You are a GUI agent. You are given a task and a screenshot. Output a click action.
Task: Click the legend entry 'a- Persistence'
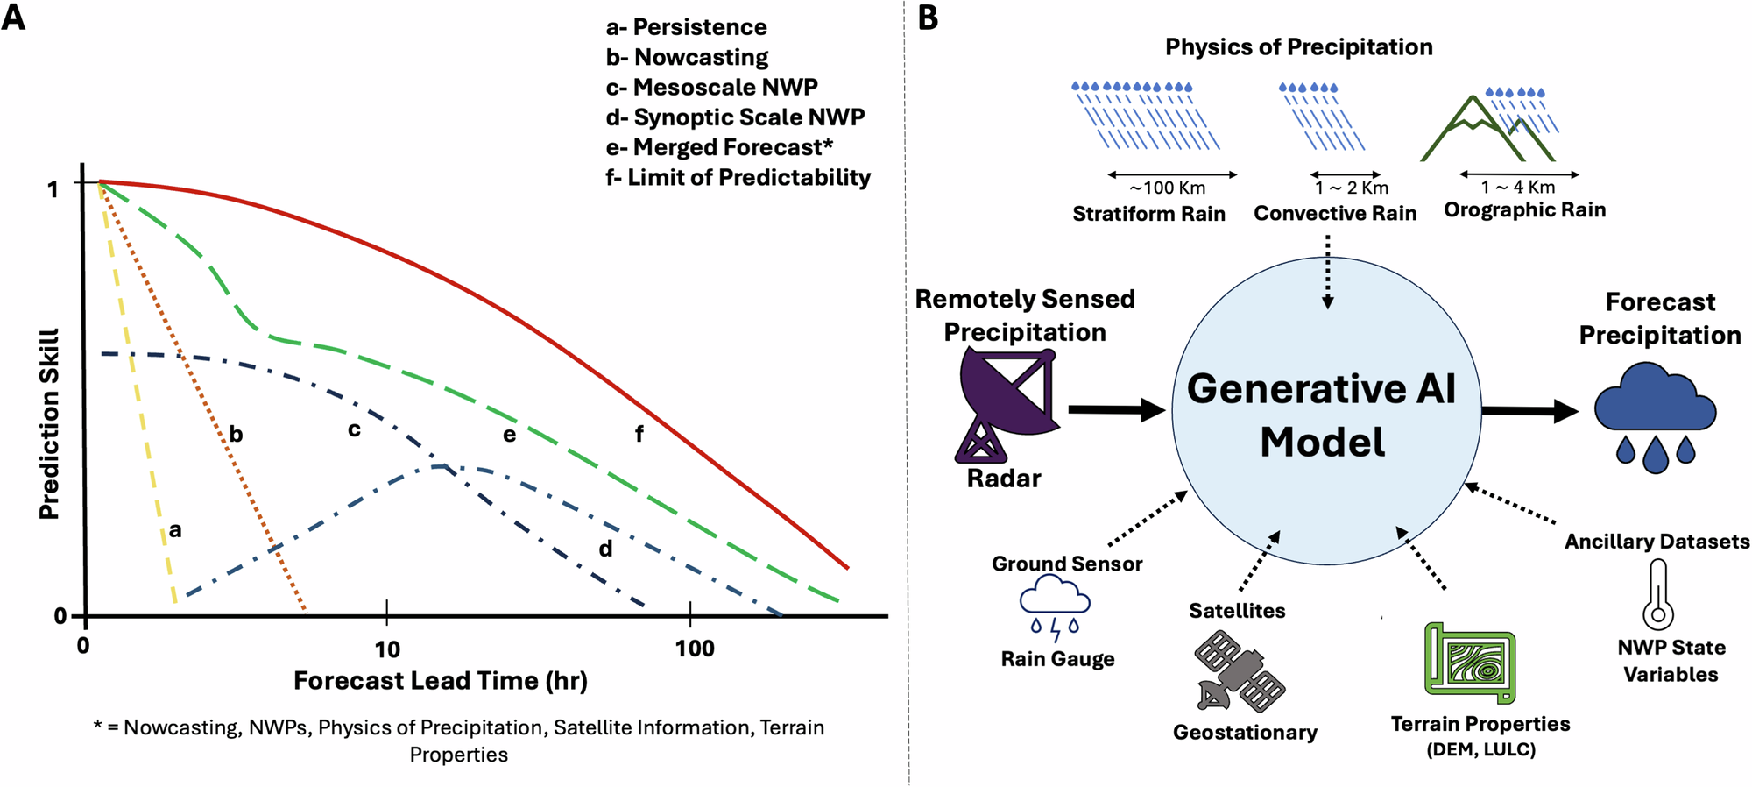686,27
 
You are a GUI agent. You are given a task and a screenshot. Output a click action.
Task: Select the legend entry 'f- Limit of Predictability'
738,178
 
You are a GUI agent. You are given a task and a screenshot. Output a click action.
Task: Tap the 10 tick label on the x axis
387,649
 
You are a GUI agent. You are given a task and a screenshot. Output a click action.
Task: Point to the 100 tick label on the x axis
695,649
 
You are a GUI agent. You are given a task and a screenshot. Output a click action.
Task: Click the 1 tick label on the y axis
53,189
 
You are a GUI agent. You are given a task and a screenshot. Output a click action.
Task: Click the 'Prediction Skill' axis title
49,424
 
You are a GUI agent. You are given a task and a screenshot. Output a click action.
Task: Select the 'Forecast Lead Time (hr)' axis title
440,681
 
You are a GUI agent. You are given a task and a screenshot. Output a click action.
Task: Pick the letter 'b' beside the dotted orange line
236,434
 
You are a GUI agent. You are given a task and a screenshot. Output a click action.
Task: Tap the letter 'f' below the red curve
639,433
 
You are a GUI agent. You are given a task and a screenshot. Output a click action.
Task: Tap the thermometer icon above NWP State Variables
1657,595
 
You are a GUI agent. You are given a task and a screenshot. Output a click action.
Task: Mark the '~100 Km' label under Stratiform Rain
1168,188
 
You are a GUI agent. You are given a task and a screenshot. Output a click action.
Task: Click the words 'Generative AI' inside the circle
1321,388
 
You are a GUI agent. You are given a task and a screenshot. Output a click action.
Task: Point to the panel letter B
928,18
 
